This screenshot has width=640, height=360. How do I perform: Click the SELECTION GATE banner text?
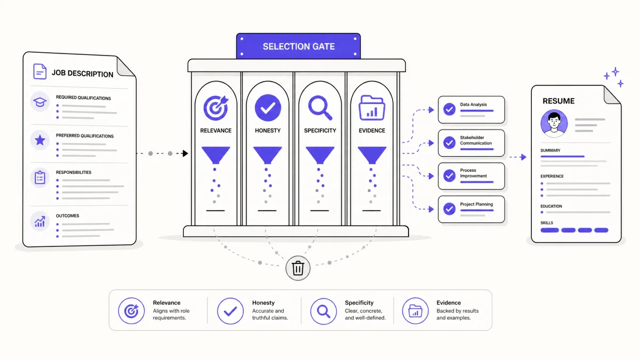pos(299,46)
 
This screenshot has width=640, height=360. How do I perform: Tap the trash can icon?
pos(298,268)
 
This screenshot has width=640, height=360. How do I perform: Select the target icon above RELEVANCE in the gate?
pos(215,108)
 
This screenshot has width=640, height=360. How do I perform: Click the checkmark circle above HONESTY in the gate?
pos(268,108)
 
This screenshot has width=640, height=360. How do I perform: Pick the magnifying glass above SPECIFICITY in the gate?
pos(320,108)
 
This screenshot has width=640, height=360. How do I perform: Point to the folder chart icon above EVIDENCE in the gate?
pos(372,108)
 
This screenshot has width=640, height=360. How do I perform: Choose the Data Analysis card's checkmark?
pos(450,109)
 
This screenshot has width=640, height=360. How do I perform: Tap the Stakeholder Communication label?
pos(476,140)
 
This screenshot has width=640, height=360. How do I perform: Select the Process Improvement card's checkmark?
pos(450,175)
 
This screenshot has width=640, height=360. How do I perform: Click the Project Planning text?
pos(476,204)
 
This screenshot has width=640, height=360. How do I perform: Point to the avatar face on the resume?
pos(554,123)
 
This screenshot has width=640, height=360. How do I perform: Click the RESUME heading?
pos(558,101)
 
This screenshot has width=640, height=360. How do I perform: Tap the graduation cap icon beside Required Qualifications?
pos(40,102)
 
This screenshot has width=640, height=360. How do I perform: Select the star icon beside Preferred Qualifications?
pos(40,140)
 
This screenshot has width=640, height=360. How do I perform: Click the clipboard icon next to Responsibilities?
pos(40,178)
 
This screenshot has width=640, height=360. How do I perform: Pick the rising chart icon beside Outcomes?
pos(40,221)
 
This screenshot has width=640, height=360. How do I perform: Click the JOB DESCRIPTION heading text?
pos(82,74)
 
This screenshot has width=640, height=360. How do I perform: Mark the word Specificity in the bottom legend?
pos(359,302)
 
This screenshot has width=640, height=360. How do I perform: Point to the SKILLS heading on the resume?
pos(547,223)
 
